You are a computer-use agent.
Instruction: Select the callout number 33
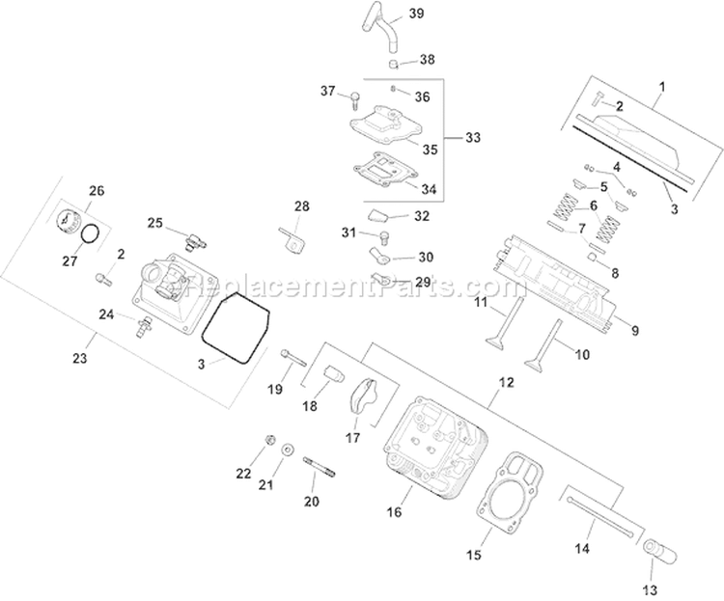point(472,138)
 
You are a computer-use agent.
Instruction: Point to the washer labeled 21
point(289,451)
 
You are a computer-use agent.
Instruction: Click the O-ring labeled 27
point(91,233)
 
